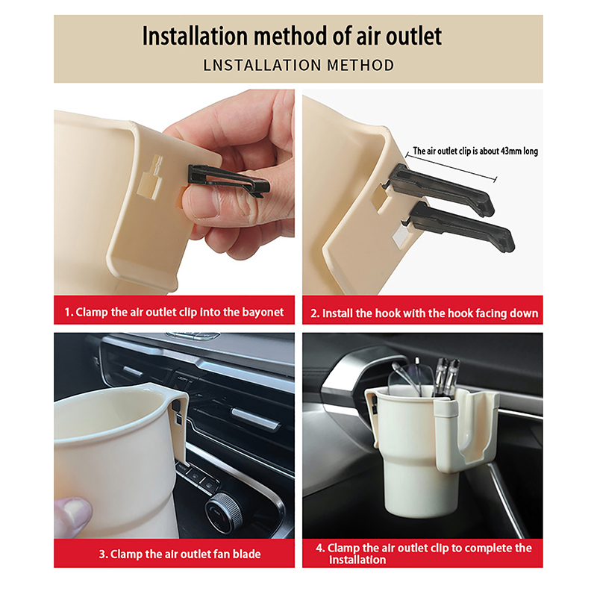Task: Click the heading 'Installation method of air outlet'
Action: click(x=292, y=36)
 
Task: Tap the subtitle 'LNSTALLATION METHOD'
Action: click(x=298, y=65)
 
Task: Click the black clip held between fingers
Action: click(x=229, y=181)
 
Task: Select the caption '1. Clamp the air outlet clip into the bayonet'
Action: click(x=174, y=312)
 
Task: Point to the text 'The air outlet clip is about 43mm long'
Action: click(x=475, y=151)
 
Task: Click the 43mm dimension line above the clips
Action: click(x=451, y=166)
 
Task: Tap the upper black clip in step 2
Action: click(x=441, y=190)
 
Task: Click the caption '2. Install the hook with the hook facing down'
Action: click(x=424, y=313)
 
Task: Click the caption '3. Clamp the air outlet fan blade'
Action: click(x=180, y=554)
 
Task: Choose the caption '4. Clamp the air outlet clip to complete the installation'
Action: click(x=423, y=554)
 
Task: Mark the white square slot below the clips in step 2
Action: click(x=401, y=237)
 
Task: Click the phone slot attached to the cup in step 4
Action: click(x=468, y=431)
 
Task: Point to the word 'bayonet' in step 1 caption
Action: click(x=263, y=313)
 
